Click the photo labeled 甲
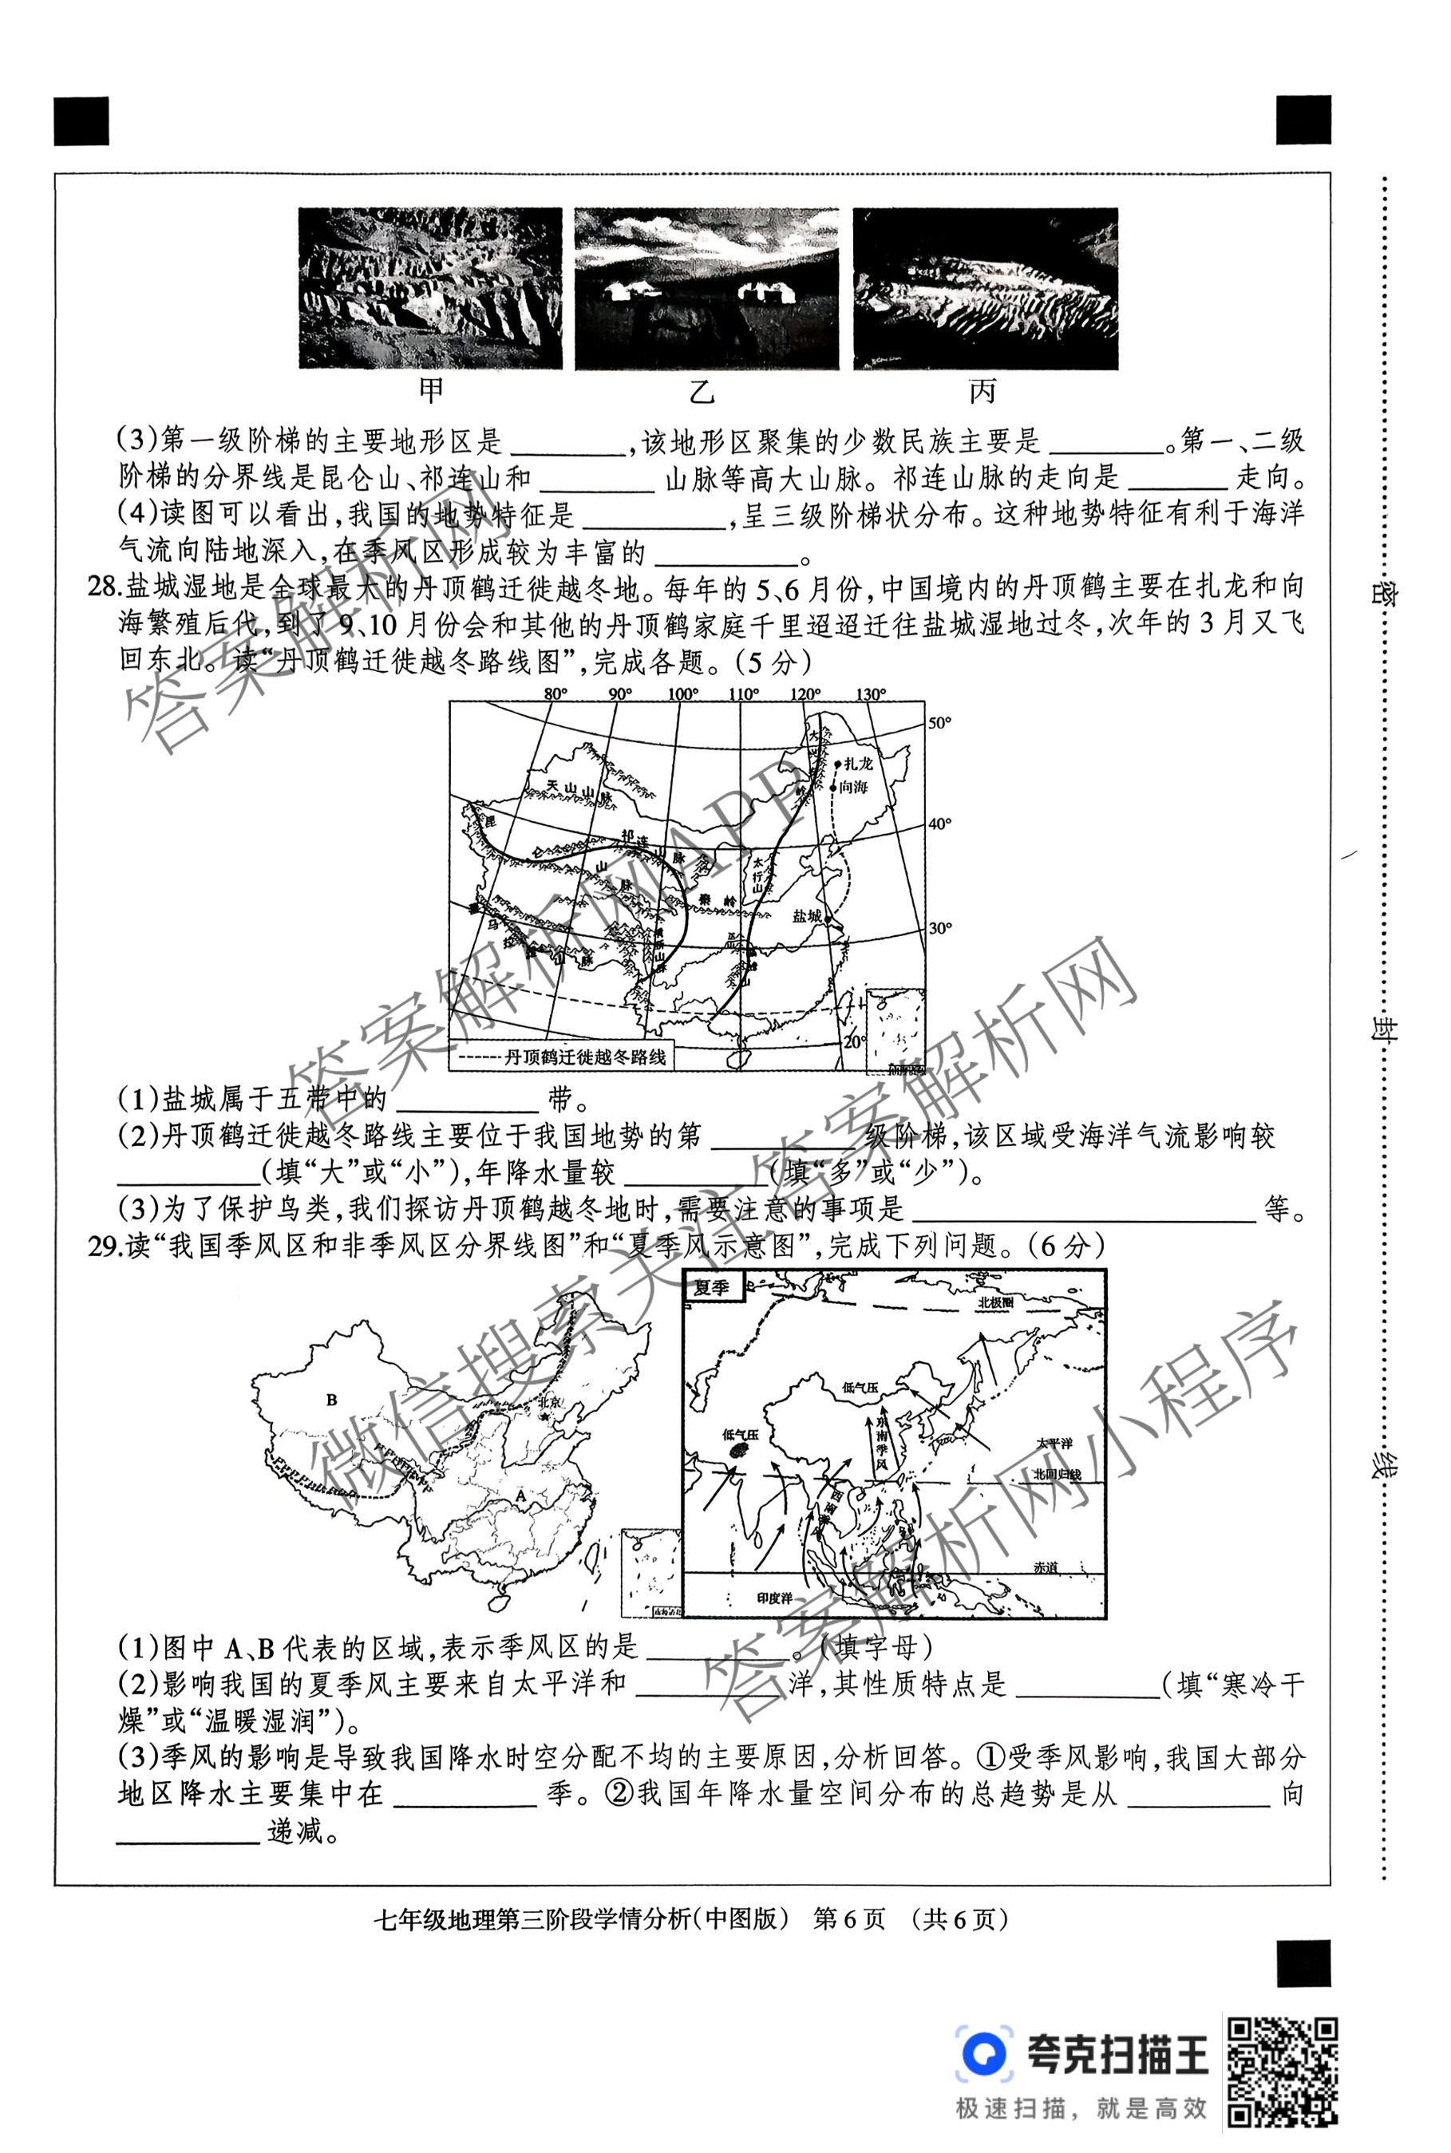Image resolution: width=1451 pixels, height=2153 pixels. (x=430, y=288)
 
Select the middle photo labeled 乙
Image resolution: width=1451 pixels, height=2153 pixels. (x=706, y=288)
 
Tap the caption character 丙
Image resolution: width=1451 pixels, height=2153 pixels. (x=982, y=393)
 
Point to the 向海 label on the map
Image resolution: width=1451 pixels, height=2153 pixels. (x=853, y=787)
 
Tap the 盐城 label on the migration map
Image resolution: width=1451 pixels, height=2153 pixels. (x=806, y=915)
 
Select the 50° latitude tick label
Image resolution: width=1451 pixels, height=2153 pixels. (x=939, y=723)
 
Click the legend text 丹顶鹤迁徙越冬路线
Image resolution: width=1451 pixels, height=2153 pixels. (x=585, y=1057)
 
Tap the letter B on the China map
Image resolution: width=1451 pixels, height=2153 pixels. (x=331, y=1400)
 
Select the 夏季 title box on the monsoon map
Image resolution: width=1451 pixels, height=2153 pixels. (x=712, y=1287)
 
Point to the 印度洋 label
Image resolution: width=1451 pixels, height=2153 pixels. (x=773, y=1598)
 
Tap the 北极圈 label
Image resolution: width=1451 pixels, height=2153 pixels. (x=996, y=1302)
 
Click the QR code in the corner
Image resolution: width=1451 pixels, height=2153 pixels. (x=1283, y=2072)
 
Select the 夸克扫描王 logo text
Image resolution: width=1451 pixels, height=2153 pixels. (x=1118, y=2054)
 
